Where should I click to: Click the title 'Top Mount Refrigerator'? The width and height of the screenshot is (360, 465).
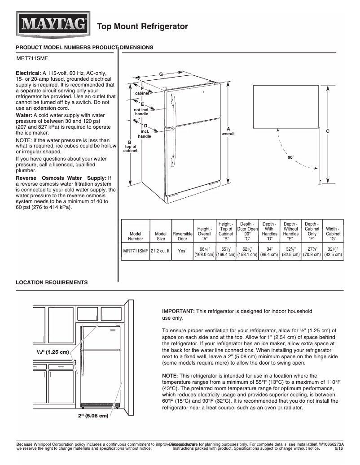coord(142,27)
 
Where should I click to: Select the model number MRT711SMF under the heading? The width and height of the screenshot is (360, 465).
coord(32,58)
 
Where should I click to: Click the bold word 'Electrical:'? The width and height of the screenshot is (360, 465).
coord(29,73)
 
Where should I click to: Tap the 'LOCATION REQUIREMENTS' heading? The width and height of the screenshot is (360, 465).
coord(52,282)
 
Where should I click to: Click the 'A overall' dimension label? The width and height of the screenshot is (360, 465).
coord(228,131)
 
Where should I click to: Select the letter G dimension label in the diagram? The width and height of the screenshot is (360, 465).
coord(161,74)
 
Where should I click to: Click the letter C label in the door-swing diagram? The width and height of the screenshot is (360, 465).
coord(328,131)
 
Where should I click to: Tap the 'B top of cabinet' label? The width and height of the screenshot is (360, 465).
coord(130,147)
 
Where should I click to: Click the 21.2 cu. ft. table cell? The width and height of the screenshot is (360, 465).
coord(160,251)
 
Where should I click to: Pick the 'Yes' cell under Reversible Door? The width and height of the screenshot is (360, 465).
coord(182,251)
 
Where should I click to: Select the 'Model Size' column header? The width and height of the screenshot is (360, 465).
coord(160,236)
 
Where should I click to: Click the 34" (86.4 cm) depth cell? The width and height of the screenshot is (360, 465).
coord(269,251)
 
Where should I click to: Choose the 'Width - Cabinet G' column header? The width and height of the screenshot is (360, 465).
coord(333,234)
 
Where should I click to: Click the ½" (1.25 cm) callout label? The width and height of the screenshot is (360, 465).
coord(53,352)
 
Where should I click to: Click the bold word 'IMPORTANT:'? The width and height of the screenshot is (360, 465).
coord(178,311)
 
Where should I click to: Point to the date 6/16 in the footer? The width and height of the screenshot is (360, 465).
coord(339,448)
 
